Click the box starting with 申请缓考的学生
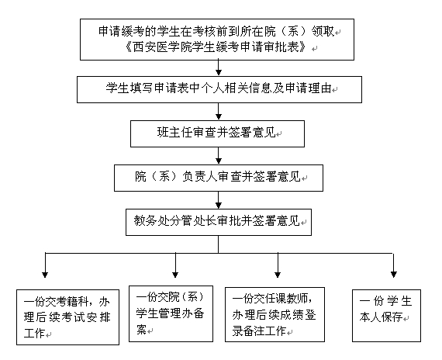pos(217,40)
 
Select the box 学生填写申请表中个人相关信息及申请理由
pos(219,89)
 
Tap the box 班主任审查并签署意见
pos(217,133)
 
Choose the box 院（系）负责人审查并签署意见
pos(219,178)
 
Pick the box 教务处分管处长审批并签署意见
pos(219,223)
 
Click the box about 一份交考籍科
pos(67,317)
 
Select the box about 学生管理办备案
pos(171,313)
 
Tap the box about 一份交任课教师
pos(275,314)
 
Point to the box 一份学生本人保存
pos(386,316)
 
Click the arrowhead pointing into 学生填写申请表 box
pos(219,72)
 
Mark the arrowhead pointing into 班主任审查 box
pos(219,116)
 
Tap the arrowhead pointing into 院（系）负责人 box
pos(219,161)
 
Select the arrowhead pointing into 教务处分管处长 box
pos(219,205)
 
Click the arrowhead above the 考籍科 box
pos(45,275)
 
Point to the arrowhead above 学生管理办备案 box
pos(175,275)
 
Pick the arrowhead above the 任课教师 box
pos(278,275)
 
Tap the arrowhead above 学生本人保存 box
pos(394,275)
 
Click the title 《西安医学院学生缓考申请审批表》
pos(216,47)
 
